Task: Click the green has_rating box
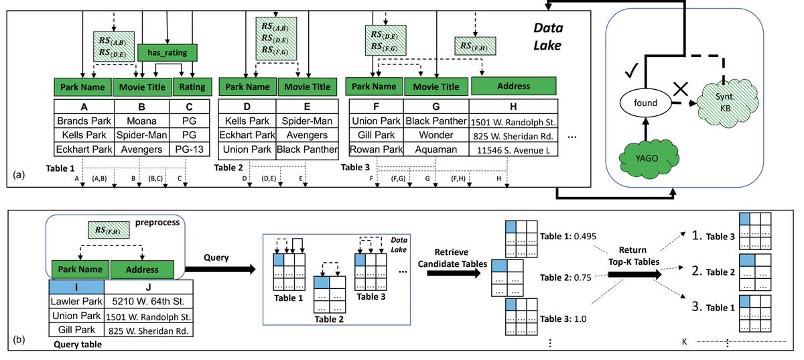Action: (x=167, y=52)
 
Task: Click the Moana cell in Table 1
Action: (x=141, y=121)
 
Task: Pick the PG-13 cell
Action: (x=187, y=149)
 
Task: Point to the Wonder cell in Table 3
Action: (x=435, y=135)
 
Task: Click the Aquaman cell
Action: (x=435, y=149)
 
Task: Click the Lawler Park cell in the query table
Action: (x=76, y=302)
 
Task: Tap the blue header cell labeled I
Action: (x=76, y=288)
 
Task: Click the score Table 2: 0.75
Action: (x=564, y=278)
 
